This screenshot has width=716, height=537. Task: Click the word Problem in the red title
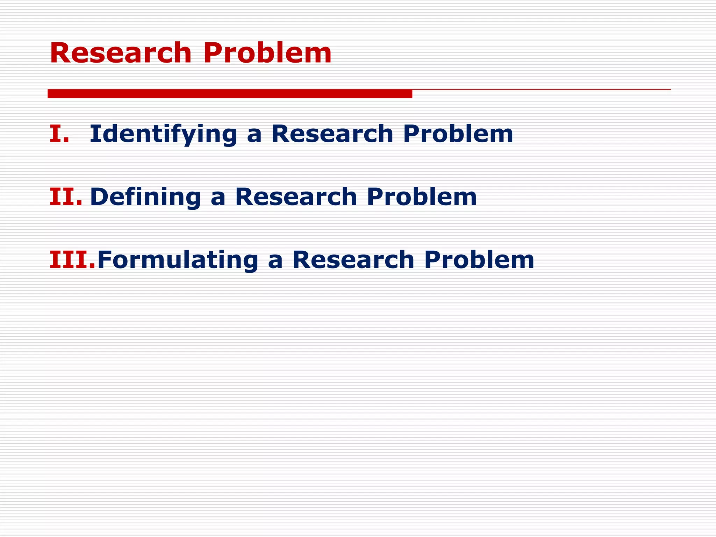click(x=267, y=53)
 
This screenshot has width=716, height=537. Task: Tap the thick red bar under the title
click(x=230, y=94)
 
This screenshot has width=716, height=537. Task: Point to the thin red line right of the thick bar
click(x=541, y=89)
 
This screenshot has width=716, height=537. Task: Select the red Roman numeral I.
click(x=59, y=134)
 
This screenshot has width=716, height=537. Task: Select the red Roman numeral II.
click(x=66, y=197)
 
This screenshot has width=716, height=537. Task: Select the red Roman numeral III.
click(x=72, y=260)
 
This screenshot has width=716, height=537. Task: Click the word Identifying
click(x=163, y=135)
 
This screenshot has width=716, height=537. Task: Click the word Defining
click(x=145, y=197)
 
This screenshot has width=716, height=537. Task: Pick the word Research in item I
click(x=332, y=134)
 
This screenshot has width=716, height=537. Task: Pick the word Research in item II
click(x=296, y=197)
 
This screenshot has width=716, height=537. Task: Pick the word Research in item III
click(x=353, y=260)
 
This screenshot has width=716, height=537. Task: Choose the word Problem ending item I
click(x=458, y=134)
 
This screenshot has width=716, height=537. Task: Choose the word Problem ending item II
click(x=422, y=197)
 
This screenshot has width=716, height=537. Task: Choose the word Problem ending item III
click(x=479, y=260)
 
